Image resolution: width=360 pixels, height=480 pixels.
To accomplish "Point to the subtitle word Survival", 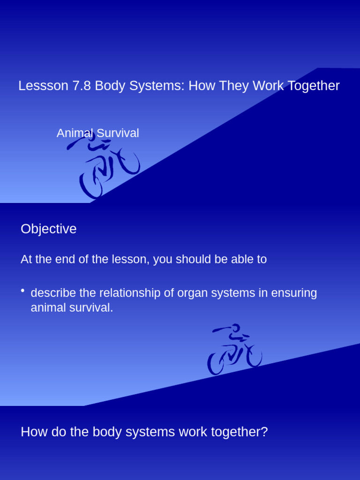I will click(x=118, y=133).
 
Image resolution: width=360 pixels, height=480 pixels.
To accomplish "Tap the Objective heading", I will click(x=48, y=229).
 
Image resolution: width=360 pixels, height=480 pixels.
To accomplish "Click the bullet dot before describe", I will click(x=22, y=292).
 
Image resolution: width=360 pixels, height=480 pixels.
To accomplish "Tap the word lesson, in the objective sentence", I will click(x=131, y=260).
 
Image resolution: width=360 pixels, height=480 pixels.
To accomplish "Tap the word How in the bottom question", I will click(x=32, y=432).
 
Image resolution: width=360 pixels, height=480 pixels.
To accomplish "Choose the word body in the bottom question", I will click(x=106, y=432).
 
